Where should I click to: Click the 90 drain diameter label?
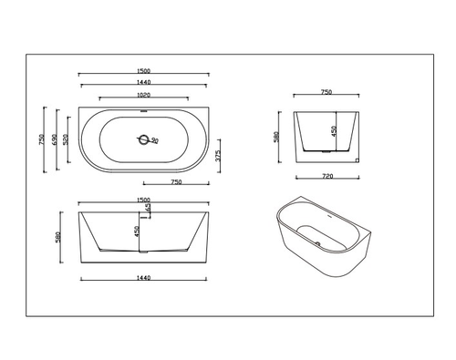tap(154, 140)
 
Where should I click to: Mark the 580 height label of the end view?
tap(276, 139)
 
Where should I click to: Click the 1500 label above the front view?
tap(143, 199)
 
